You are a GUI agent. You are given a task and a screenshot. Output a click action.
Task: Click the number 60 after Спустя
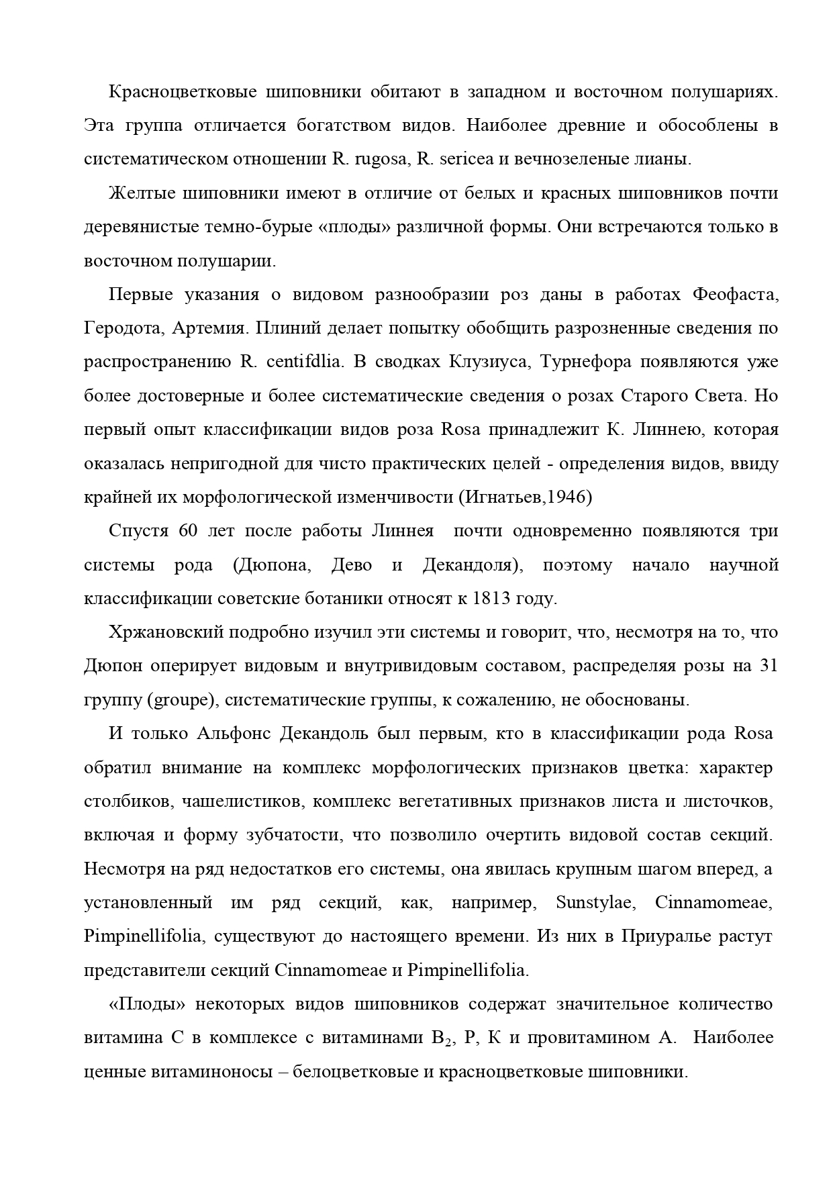tap(188, 531)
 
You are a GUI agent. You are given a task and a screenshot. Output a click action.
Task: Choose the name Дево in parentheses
tap(351, 565)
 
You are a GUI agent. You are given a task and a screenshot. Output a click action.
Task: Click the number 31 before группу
tap(767, 666)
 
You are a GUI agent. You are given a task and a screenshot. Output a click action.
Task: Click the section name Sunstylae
tap(594, 903)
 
